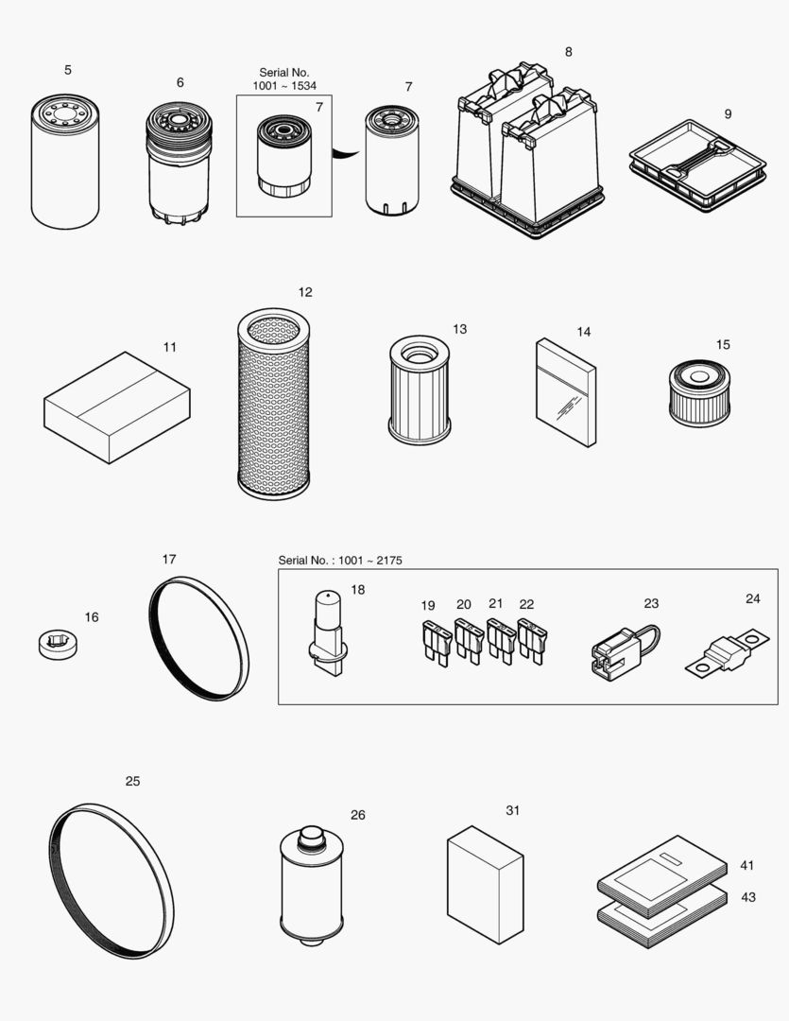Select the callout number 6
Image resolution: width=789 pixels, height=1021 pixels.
pyautogui.click(x=180, y=82)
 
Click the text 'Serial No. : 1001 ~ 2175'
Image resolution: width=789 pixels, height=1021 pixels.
pyautogui.click(x=340, y=561)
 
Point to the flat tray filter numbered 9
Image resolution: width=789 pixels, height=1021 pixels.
pyautogui.click(x=697, y=165)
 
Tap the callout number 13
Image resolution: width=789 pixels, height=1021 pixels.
pyautogui.click(x=459, y=329)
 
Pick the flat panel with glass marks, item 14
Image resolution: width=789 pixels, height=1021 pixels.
pyautogui.click(x=566, y=391)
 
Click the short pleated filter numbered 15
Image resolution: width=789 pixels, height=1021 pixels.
pyautogui.click(x=701, y=392)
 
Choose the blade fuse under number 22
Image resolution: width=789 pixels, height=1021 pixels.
pyautogui.click(x=531, y=641)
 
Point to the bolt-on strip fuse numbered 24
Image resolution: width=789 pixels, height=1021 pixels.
pyautogui.click(x=724, y=651)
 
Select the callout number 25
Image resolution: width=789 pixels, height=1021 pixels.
pyautogui.click(x=132, y=781)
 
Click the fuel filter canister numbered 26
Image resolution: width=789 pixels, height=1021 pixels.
pyautogui.click(x=309, y=884)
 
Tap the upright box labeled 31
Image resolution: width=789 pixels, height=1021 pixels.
pyautogui.click(x=485, y=884)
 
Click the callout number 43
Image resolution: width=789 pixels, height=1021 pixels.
pyautogui.click(x=747, y=897)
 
